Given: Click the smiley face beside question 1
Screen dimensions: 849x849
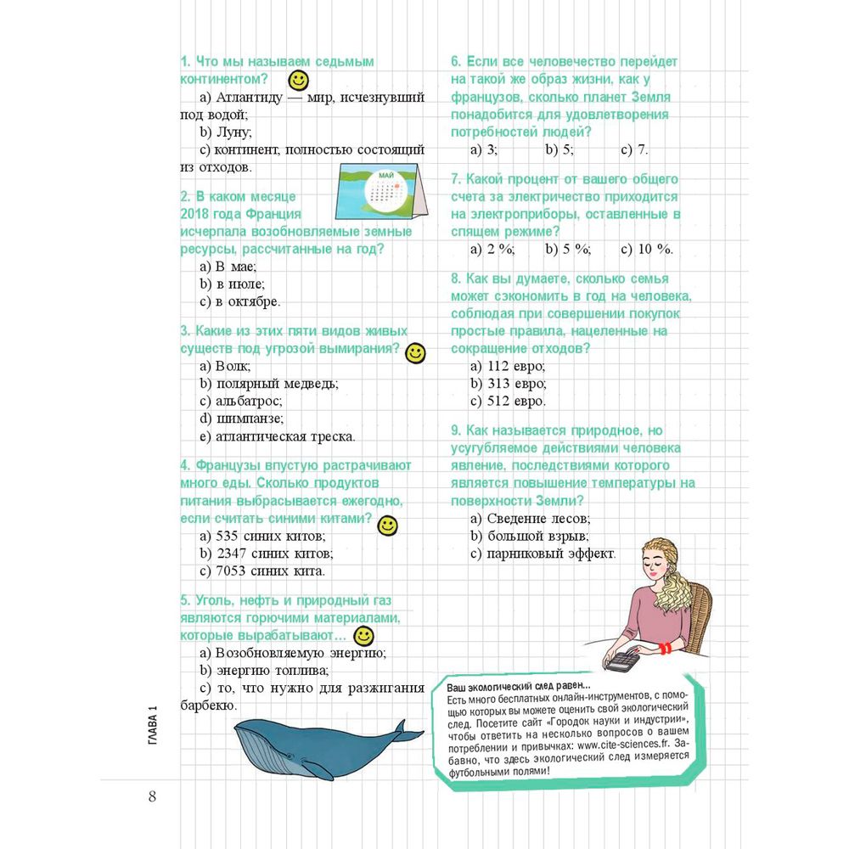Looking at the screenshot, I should click(x=298, y=81).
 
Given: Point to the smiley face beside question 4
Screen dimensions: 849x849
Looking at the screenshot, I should click(x=387, y=526).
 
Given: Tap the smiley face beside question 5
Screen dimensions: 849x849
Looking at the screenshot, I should click(x=363, y=636).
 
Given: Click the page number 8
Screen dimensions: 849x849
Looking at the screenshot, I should click(x=152, y=796).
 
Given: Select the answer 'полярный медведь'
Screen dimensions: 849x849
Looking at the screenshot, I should click(x=268, y=384).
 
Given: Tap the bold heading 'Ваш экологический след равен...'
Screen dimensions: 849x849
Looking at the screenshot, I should click(x=518, y=686).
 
